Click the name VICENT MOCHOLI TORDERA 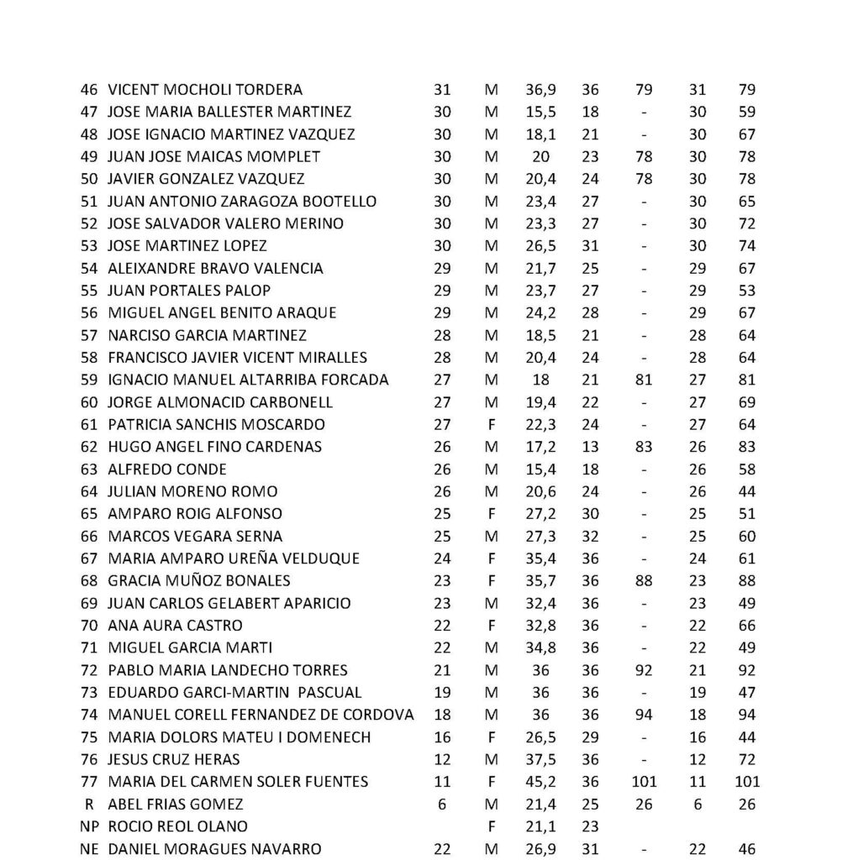tap(206, 90)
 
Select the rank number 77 tap(88, 782)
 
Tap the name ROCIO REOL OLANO tap(178, 826)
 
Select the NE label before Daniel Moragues tap(88, 849)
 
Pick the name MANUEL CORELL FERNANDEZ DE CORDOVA tap(261, 715)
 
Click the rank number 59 tap(88, 380)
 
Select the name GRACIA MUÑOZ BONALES tap(199, 580)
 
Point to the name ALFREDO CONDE tap(167, 469)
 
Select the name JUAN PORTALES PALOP tap(190, 291)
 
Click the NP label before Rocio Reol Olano tap(88, 826)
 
